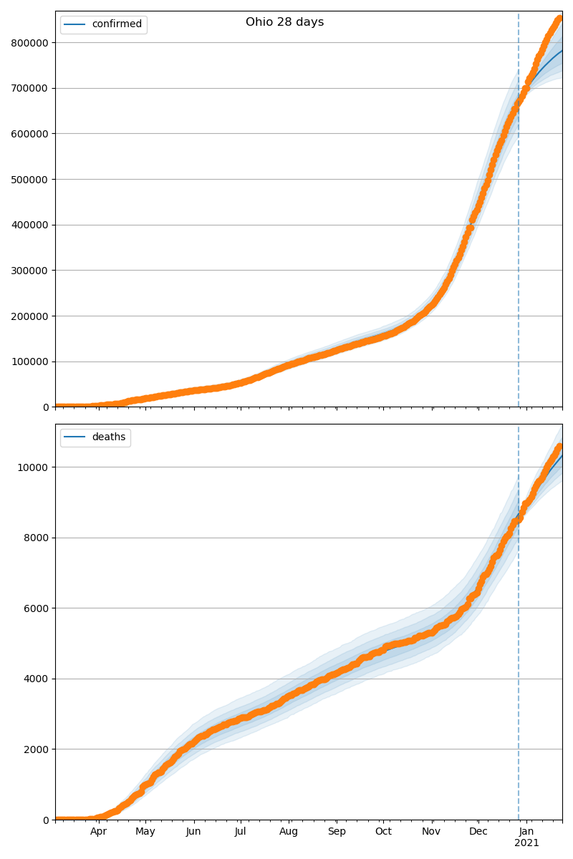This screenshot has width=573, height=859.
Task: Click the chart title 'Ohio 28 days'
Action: (284, 22)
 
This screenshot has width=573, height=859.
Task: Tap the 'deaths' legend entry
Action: (108, 437)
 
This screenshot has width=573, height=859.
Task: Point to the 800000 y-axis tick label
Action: (29, 43)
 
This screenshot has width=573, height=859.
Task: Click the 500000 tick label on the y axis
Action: (29, 180)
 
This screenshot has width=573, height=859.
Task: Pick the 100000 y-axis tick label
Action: (29, 361)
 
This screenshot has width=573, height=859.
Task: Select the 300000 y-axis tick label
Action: (29, 271)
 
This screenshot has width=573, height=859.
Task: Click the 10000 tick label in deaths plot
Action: (34, 467)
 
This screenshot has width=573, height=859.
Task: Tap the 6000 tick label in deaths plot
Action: (37, 608)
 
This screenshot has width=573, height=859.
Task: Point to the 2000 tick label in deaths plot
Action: (37, 749)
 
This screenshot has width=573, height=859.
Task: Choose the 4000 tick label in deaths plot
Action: (37, 679)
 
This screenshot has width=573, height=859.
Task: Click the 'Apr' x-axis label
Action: (98, 832)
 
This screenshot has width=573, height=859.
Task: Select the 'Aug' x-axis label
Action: (289, 832)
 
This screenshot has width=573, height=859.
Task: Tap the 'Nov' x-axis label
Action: (431, 832)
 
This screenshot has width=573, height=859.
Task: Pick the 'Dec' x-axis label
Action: (478, 832)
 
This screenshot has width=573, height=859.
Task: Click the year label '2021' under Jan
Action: (526, 843)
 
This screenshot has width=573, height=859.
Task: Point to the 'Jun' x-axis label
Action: (193, 832)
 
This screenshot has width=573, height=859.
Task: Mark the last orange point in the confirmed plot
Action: (560, 19)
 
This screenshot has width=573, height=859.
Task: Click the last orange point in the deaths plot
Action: (560, 446)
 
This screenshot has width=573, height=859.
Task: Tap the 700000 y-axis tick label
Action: (29, 88)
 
